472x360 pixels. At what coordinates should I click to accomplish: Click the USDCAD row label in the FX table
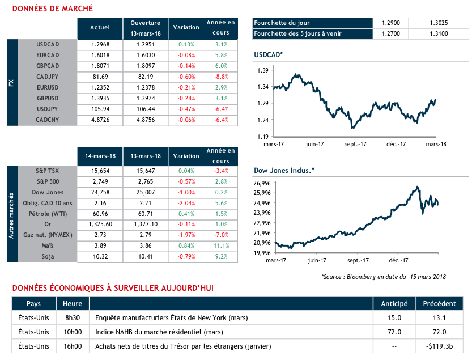click(x=48, y=44)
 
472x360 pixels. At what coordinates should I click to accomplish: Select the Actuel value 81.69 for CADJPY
click(x=100, y=77)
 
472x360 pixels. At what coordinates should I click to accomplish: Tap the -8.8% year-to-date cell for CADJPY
click(x=221, y=77)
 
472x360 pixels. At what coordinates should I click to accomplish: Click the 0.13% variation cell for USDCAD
click(x=186, y=44)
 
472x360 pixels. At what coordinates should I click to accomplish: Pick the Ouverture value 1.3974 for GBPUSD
click(x=146, y=99)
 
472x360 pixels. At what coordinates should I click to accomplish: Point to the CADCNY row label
click(x=48, y=120)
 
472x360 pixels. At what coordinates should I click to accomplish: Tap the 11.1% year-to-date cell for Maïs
click(x=221, y=245)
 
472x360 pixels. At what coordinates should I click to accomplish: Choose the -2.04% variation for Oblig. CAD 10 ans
click(x=186, y=202)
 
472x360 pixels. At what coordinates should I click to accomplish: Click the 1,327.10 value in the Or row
click(x=146, y=224)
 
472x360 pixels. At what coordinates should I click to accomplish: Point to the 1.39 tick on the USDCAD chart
click(x=262, y=70)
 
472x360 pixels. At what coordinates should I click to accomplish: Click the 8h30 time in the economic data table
click(x=73, y=317)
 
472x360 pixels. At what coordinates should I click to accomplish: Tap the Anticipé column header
click(x=394, y=304)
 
